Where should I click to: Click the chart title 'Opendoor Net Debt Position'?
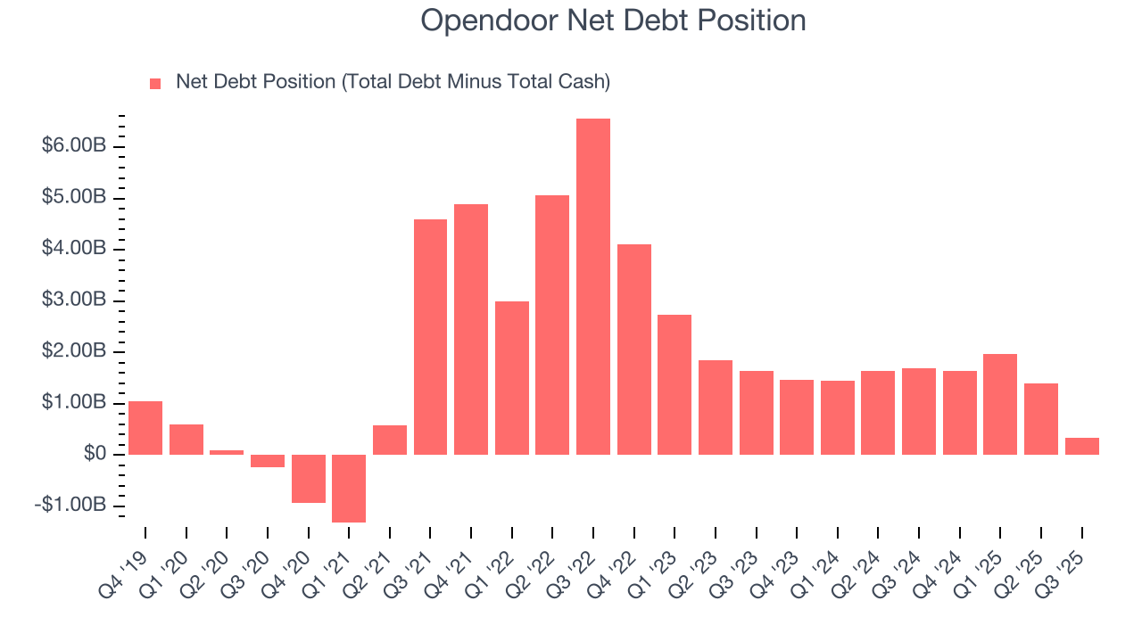coord(613,21)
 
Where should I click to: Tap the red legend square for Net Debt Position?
coord(155,83)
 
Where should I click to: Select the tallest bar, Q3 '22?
coord(593,286)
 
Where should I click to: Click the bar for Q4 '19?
coord(145,428)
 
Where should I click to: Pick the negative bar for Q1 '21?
coord(349,488)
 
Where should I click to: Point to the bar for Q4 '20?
coord(308,479)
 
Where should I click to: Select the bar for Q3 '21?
coord(430,336)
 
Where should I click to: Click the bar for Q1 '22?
coord(512,378)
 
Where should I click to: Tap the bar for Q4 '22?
coord(634,349)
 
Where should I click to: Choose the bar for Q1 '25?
coord(1000,404)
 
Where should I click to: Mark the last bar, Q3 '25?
coord(1082,446)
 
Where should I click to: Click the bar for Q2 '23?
coord(716,407)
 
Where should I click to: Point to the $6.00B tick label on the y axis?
coord(74,145)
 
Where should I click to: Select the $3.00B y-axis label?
coord(74,300)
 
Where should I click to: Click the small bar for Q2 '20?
coord(227,452)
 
